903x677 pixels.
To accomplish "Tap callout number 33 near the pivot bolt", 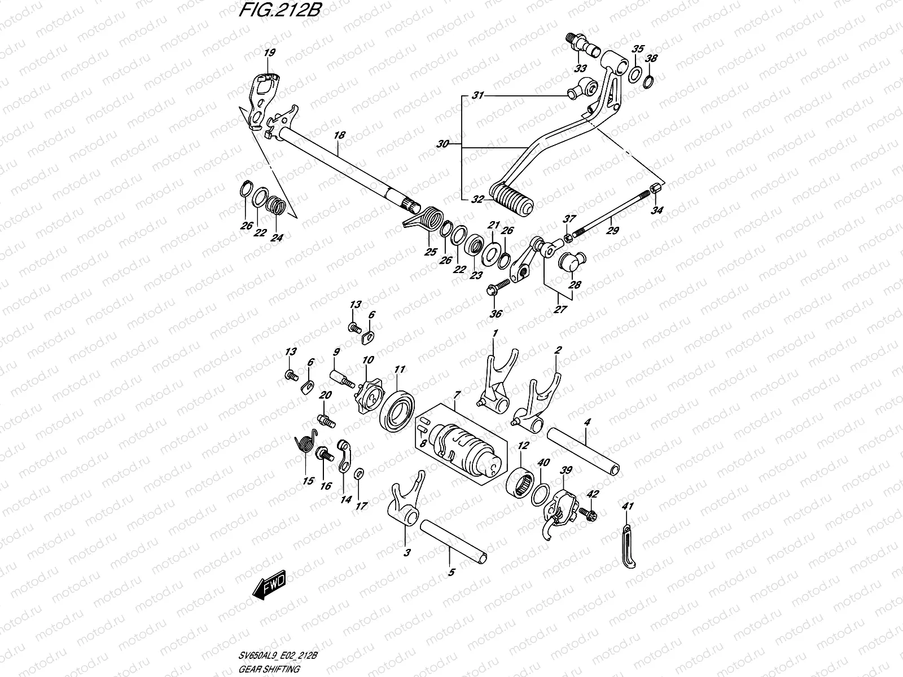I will pyautogui.click(x=580, y=69).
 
